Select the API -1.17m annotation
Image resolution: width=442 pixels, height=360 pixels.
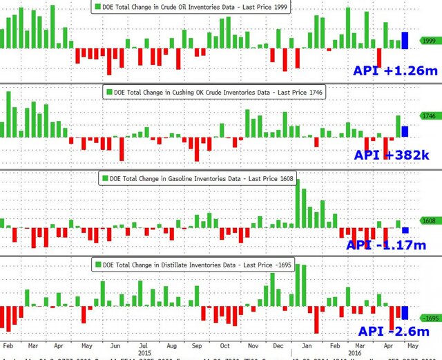385,245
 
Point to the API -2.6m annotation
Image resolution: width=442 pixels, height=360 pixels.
390,332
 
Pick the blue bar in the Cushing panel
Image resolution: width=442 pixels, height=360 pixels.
405,131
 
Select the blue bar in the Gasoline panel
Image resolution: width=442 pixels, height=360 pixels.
405,230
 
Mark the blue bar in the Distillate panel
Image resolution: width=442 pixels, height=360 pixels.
405,313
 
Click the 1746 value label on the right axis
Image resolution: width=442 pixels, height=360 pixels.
427,116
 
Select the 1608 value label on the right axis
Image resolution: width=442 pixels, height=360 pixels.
427,221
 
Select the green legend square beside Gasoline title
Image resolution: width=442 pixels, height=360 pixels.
104,178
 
